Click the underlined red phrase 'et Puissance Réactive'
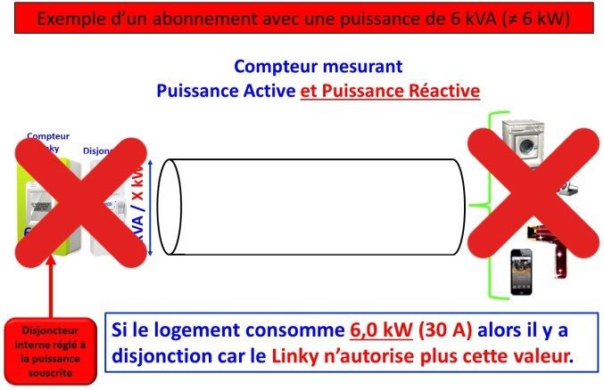pyautogui.click(x=390, y=91)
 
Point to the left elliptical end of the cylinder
pyautogui.click(x=170, y=207)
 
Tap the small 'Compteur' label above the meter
pyautogui.click(x=48, y=136)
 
